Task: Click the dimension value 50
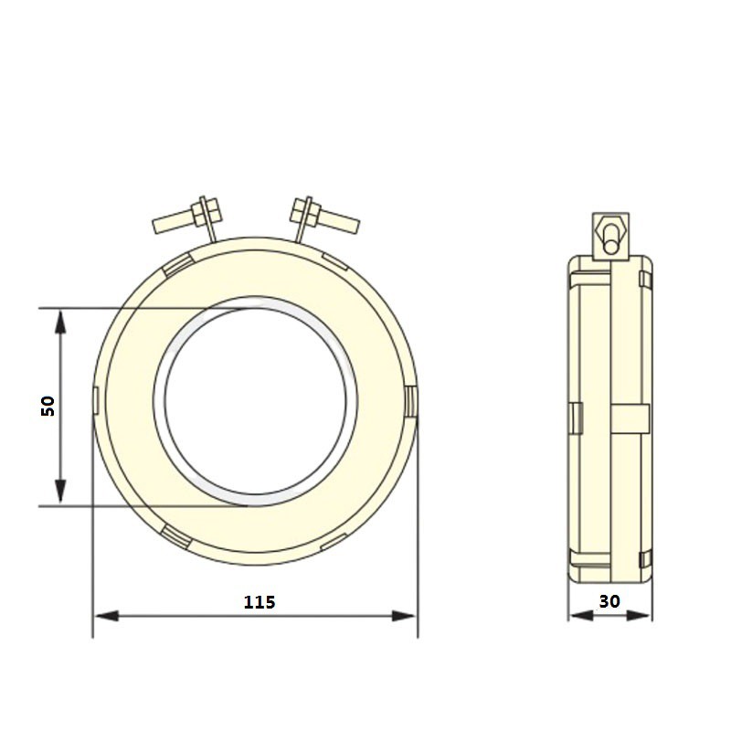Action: pos(48,406)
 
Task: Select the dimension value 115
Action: pos(259,602)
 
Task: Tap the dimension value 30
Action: pos(609,602)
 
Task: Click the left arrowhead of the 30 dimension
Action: pos(577,616)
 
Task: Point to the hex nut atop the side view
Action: pos(610,225)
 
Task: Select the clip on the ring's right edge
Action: pos(410,400)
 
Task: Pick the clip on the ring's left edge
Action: pos(97,400)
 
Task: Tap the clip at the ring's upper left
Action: pos(178,264)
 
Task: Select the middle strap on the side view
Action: pos(630,418)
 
